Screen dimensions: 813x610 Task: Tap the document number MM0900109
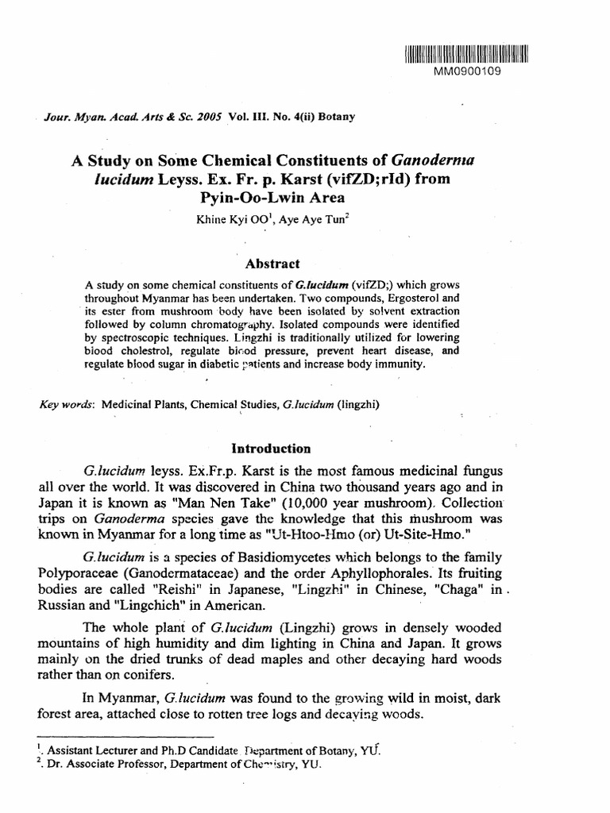[467, 71]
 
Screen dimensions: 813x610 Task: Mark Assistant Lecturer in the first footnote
[88, 750]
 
